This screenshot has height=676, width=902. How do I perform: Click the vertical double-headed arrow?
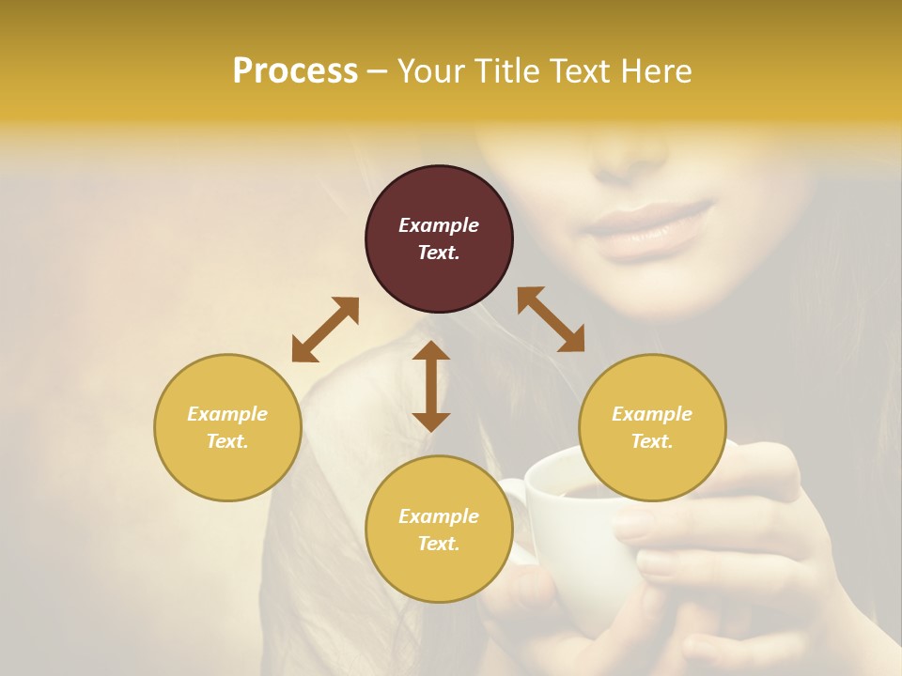coord(431,386)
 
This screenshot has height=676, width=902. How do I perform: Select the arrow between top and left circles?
coord(325,330)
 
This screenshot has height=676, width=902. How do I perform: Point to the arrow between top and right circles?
coord(551,319)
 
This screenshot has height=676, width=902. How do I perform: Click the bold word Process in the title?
coord(295,71)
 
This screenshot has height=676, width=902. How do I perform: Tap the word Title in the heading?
coord(504,71)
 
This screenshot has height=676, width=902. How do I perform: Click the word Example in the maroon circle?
coord(439,225)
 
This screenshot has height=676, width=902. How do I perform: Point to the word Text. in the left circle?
coord(227,441)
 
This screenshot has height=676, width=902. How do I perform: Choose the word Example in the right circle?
coord(652,414)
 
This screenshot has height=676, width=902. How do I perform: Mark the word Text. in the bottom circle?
coord(439,544)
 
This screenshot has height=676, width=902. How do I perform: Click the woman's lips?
coord(648,230)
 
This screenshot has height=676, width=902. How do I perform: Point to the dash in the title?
coord(377,71)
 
